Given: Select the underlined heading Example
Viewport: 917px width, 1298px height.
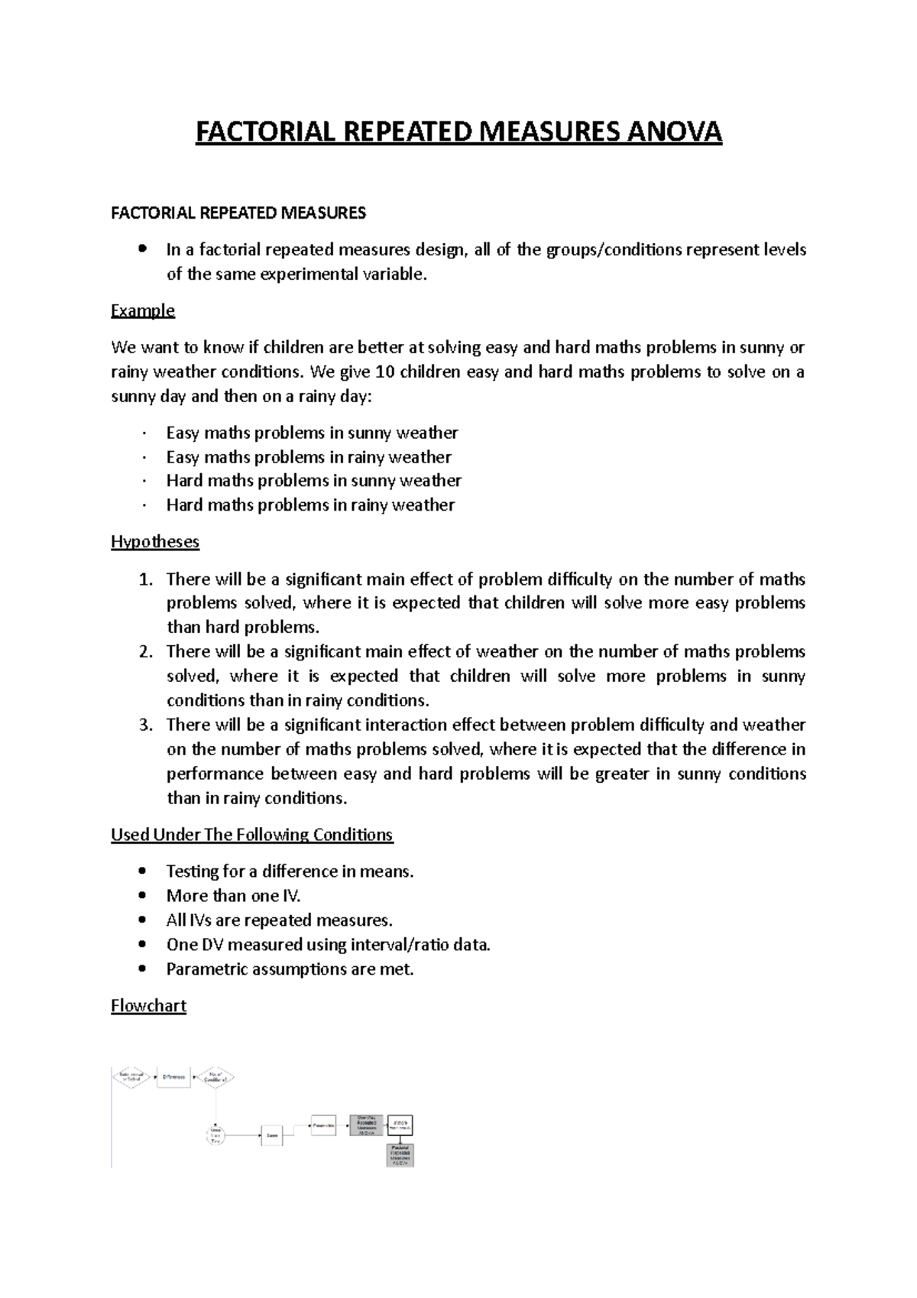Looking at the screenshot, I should [143, 310].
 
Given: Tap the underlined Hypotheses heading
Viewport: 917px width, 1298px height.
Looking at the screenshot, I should [155, 542].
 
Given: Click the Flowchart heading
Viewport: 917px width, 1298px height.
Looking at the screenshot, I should [148, 1005].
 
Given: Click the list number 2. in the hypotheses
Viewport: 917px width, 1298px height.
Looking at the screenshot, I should [146, 652].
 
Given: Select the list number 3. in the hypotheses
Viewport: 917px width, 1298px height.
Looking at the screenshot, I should [146, 725].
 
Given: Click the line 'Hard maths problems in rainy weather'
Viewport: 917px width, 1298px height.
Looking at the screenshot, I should [310, 505].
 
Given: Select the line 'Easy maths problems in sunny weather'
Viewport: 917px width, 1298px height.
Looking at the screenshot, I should [312, 433].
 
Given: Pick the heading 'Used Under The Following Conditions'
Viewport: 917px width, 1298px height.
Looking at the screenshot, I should [251, 835].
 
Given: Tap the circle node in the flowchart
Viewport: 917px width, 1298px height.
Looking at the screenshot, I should [216, 1134].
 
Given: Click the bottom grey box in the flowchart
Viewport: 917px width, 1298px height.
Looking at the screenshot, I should [400, 1154].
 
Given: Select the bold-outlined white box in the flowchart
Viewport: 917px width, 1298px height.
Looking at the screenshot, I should [400, 1125].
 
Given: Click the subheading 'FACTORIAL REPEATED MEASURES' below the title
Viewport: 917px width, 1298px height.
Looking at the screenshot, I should [238, 213].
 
